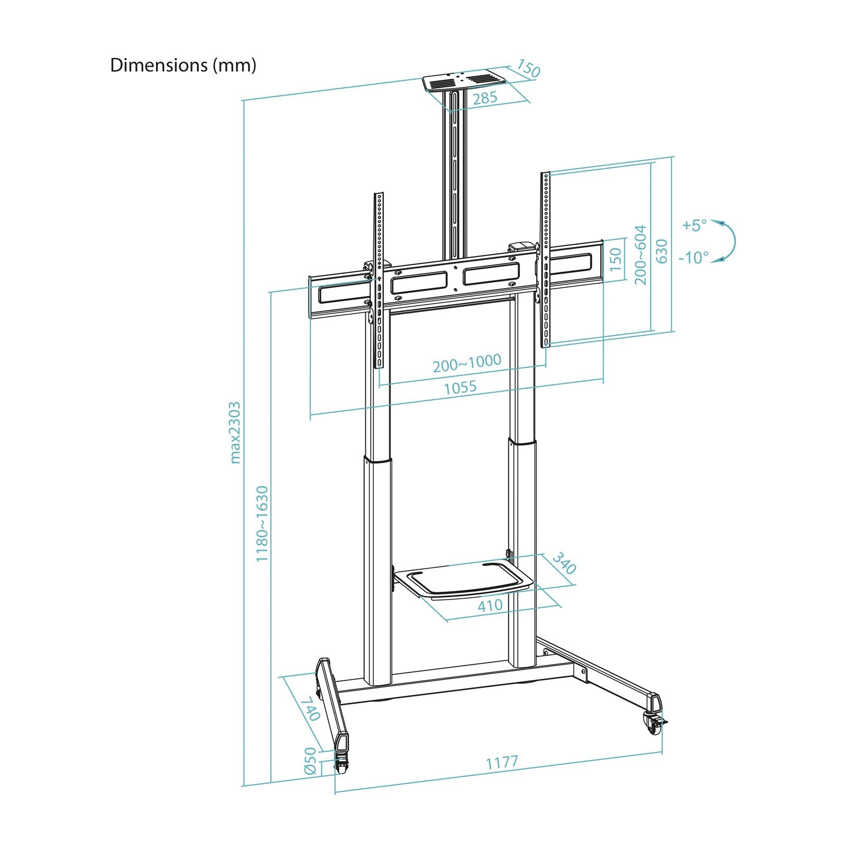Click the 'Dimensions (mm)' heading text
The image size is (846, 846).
[183, 65]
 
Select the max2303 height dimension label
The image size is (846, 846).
[235, 432]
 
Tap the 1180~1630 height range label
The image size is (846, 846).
[262, 523]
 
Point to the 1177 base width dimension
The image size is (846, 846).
[502, 763]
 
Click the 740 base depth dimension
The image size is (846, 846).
[310, 709]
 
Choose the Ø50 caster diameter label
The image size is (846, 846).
[310, 761]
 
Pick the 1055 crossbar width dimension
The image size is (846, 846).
[459, 388]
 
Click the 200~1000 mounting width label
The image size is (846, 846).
[466, 363]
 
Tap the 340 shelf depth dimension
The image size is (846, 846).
[564, 564]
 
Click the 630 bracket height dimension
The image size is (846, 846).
[661, 251]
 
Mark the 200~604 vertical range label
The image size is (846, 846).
[640, 255]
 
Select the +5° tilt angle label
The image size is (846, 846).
[694, 225]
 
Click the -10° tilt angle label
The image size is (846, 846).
[693, 258]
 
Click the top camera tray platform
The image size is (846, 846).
[464, 81]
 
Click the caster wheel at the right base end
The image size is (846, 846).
[652, 723]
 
